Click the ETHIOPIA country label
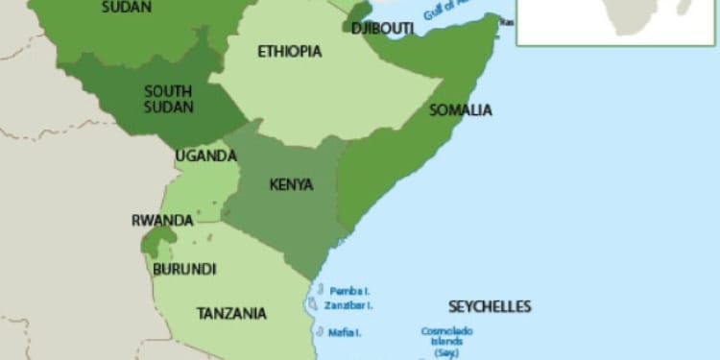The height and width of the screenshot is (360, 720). coord(289,52)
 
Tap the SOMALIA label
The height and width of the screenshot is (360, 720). coord(461,110)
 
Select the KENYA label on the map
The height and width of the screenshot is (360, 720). coord(291,184)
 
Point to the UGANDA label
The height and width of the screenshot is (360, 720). coord(205,156)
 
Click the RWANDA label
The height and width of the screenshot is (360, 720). coord(162,220)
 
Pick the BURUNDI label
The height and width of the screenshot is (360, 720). coord(184,269)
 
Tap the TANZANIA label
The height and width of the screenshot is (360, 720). coord(231,313)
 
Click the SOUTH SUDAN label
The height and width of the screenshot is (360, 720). coord(168,98)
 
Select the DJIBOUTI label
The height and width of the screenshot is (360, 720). coord(382,29)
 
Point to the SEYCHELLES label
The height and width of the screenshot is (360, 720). coord(489,307)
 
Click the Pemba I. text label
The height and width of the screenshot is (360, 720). coord(349,290)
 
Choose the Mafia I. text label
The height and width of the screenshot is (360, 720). coord(346,333)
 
